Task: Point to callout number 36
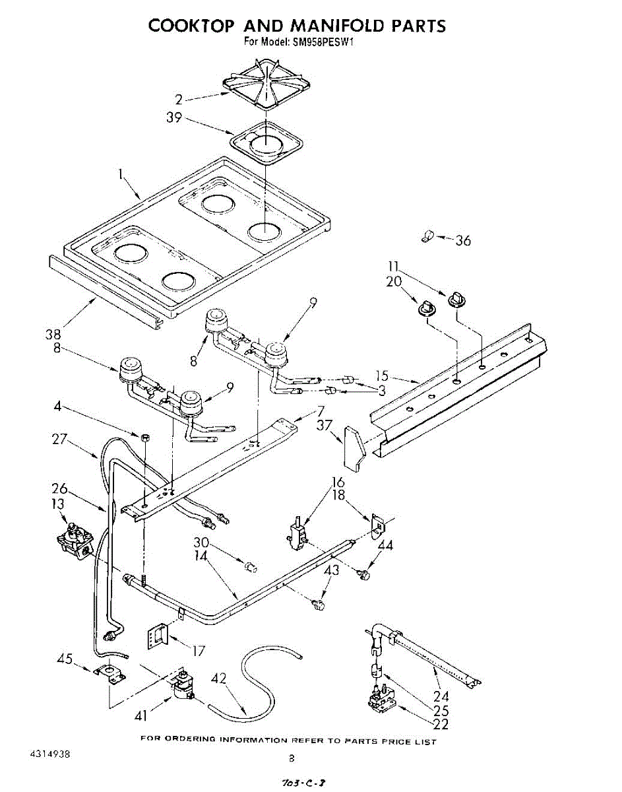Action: (x=463, y=240)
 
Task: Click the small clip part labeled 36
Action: (x=427, y=236)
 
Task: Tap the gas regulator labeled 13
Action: (x=75, y=538)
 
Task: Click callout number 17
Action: (x=198, y=651)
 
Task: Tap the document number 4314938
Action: (x=50, y=754)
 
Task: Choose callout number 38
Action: (x=53, y=334)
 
